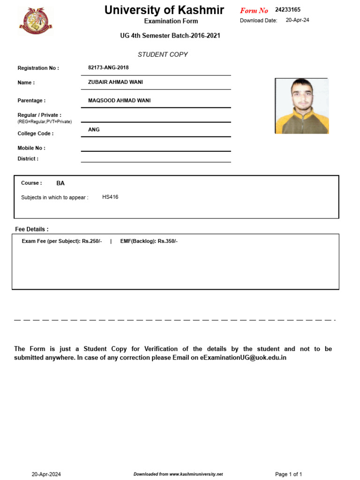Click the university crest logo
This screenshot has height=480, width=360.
(x=36, y=21)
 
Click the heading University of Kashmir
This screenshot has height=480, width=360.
(x=164, y=10)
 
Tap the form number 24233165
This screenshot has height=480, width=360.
(x=288, y=10)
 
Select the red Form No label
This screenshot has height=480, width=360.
(x=254, y=11)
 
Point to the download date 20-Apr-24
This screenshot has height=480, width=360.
(x=297, y=20)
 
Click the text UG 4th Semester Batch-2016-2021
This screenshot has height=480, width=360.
(x=170, y=36)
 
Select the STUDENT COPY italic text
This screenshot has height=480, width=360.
(x=163, y=54)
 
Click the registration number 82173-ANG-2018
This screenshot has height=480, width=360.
(x=108, y=67)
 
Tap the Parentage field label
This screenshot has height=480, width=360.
(x=31, y=100)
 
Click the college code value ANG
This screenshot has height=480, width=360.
(x=94, y=129)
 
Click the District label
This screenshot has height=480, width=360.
(x=28, y=158)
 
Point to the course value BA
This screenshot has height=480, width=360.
(x=60, y=183)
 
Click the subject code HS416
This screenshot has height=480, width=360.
(x=110, y=197)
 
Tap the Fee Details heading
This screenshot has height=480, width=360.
(x=32, y=229)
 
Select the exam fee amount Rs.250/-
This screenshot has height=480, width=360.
(x=92, y=241)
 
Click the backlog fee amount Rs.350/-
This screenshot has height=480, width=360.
(x=168, y=241)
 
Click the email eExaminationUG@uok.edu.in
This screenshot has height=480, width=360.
(x=243, y=358)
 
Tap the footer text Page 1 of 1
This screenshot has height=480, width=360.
(x=288, y=474)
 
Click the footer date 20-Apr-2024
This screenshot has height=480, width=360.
(x=46, y=474)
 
